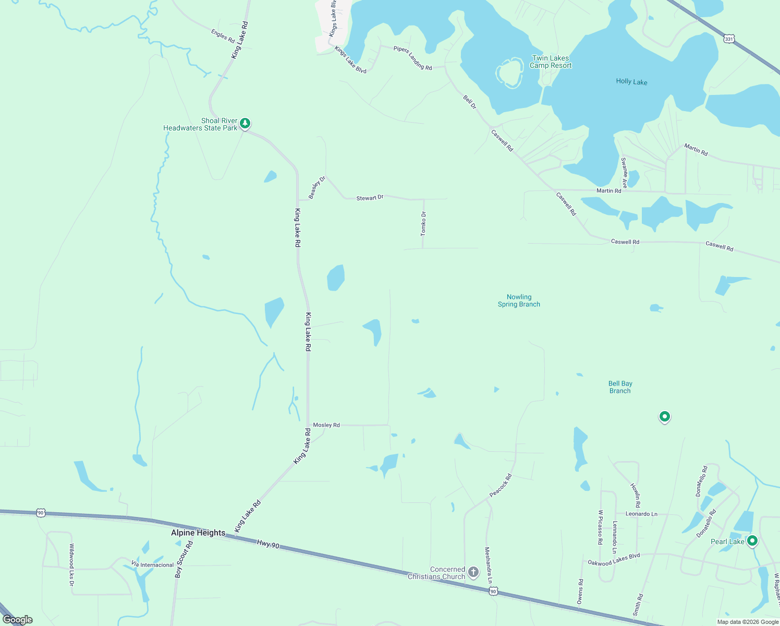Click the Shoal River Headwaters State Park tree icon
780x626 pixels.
click(x=245, y=124)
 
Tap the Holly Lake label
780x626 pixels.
click(x=631, y=82)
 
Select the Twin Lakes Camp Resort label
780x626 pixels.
click(x=551, y=62)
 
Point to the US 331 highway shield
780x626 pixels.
click(x=729, y=39)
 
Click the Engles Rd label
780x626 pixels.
click(x=223, y=36)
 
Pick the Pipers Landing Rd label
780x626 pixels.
click(x=412, y=58)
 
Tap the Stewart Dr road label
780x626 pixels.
click(x=370, y=198)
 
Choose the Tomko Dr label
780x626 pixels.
click(x=423, y=223)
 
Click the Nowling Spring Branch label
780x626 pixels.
click(x=519, y=300)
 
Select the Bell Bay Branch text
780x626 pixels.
click(x=620, y=387)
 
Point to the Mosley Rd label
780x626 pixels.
click(x=326, y=425)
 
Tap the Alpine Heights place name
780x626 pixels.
click(x=198, y=533)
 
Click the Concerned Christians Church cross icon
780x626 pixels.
click(x=473, y=573)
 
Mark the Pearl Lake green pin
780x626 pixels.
click(x=752, y=541)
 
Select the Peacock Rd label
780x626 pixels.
click(x=501, y=485)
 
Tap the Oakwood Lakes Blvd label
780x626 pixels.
click(x=614, y=560)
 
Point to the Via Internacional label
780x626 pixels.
click(x=152, y=565)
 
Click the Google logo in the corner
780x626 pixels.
click(x=18, y=620)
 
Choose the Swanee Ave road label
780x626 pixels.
click(x=624, y=173)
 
